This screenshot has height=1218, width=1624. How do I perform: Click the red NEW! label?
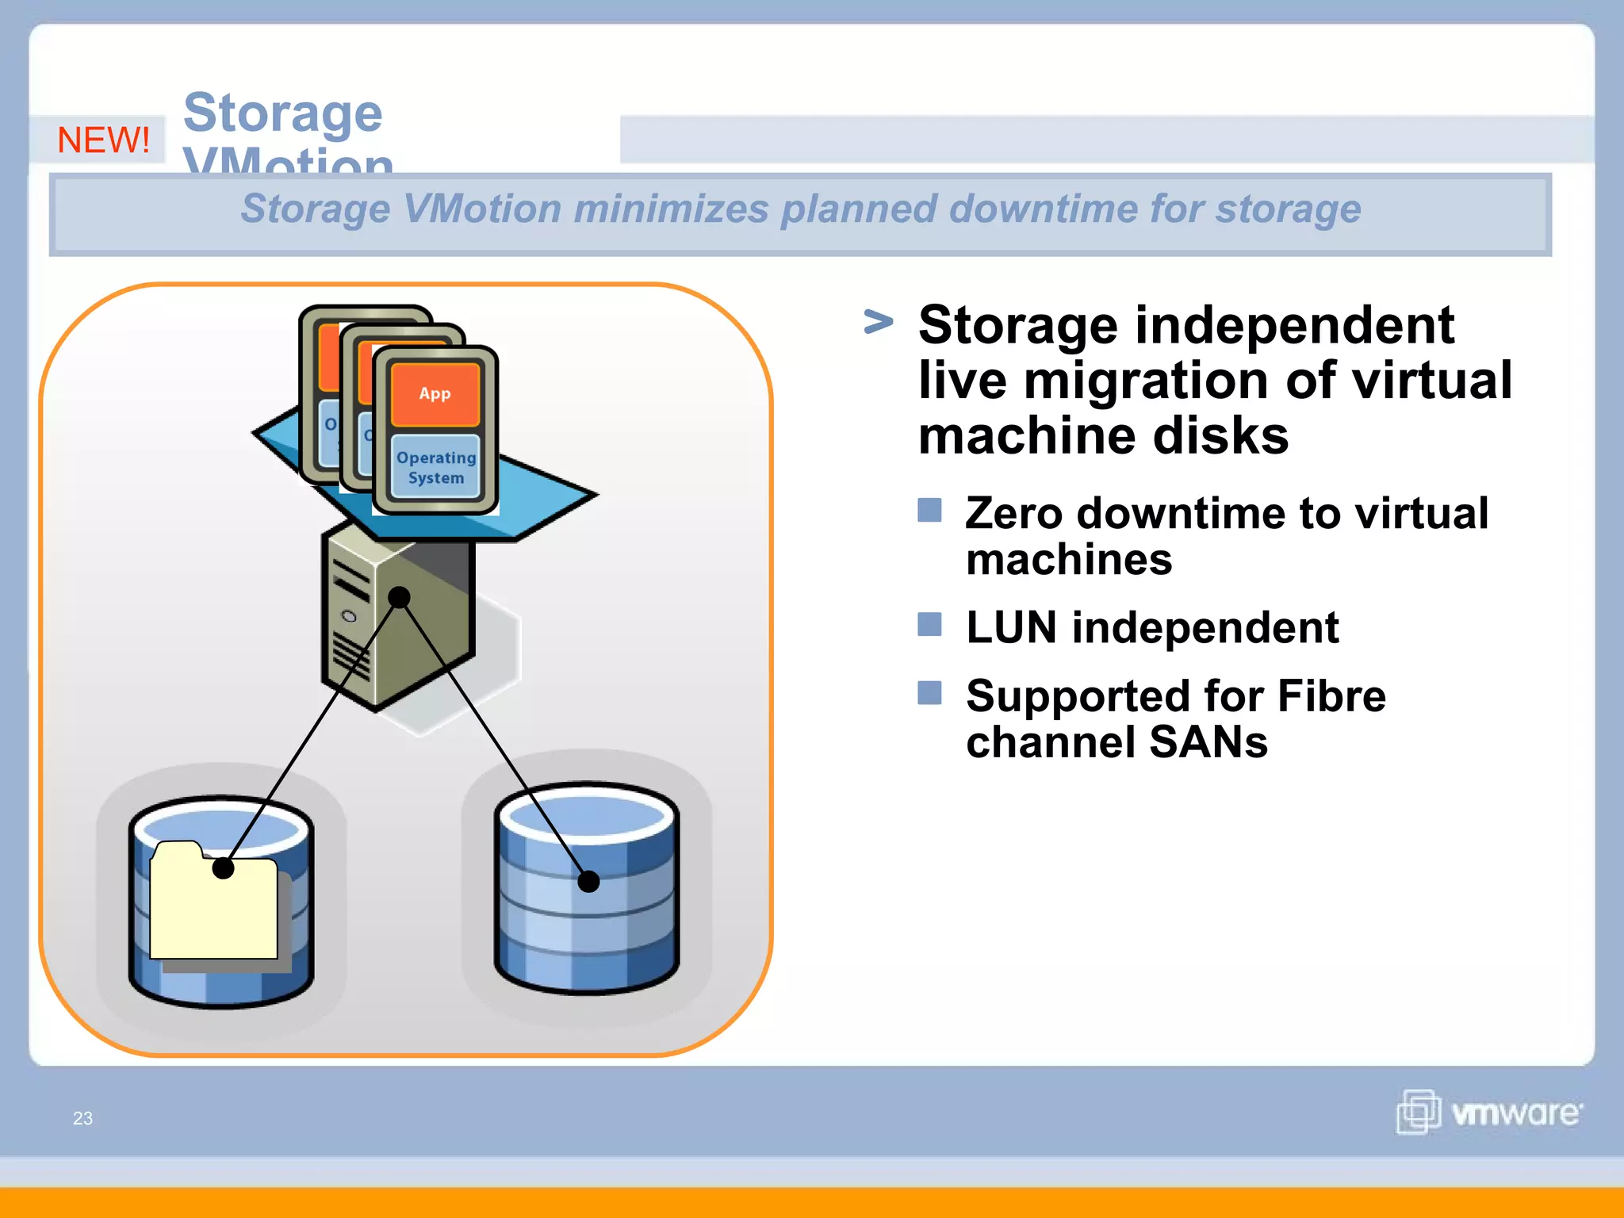pos(103,140)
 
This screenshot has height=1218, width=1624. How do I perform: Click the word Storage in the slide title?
pos(283,113)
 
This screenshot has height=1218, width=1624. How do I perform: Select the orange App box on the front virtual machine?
pos(435,394)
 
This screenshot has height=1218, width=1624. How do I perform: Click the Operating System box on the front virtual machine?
pos(436,468)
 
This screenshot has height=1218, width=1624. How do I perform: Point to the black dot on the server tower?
pos(400,597)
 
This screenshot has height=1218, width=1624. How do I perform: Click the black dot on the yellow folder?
pos(224,868)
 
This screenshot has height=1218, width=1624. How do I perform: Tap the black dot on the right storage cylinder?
pos(588,881)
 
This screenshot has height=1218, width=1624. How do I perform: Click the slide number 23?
pos(82,1118)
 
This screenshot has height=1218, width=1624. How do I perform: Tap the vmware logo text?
pos(1515,1113)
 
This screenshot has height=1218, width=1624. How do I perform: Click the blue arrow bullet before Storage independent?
pos(878,322)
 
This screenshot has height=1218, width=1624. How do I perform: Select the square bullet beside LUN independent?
pos(929,625)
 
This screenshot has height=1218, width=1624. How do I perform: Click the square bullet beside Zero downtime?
pos(929,510)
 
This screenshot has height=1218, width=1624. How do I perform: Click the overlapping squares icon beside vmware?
pos(1418,1112)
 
